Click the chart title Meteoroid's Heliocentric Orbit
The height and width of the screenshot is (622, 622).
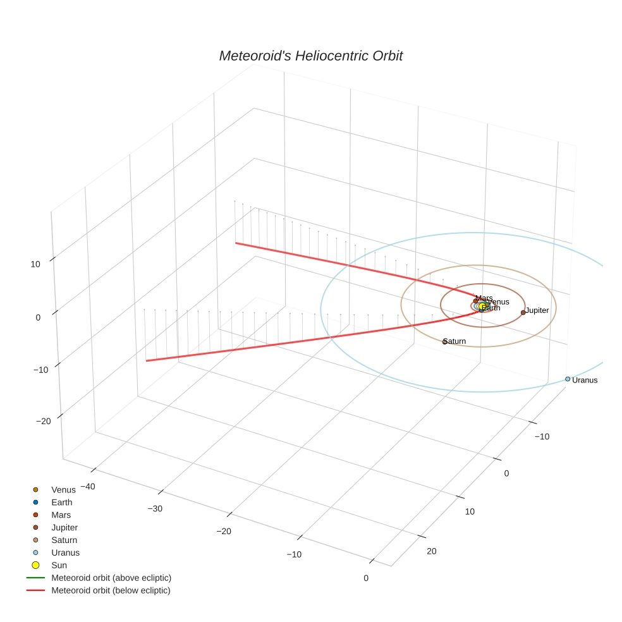point(310,56)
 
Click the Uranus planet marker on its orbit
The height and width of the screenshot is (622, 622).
point(568,379)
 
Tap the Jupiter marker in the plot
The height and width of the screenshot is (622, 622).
point(523,312)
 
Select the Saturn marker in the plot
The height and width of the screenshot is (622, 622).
point(444,342)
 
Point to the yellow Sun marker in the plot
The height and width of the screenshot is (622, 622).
point(482,306)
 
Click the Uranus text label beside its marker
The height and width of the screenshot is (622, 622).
point(585,381)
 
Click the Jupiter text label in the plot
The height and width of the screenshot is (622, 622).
point(537,310)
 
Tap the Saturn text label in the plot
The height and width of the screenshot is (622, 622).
point(455,341)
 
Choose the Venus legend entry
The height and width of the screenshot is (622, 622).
point(63,490)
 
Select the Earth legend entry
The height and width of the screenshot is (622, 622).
point(62,503)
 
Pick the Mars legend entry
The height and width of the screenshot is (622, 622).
point(61,515)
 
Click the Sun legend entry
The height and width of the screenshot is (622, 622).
point(59,565)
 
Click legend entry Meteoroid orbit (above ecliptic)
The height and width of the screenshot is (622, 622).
point(111,578)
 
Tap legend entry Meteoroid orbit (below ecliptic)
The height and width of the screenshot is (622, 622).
point(111,590)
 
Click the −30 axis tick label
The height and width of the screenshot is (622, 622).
point(155,509)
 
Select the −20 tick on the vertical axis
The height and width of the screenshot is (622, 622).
point(43,422)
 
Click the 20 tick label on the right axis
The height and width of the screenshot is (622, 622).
point(432,551)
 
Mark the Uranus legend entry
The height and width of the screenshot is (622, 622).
point(66,552)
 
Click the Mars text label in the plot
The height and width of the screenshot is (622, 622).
point(484,298)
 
